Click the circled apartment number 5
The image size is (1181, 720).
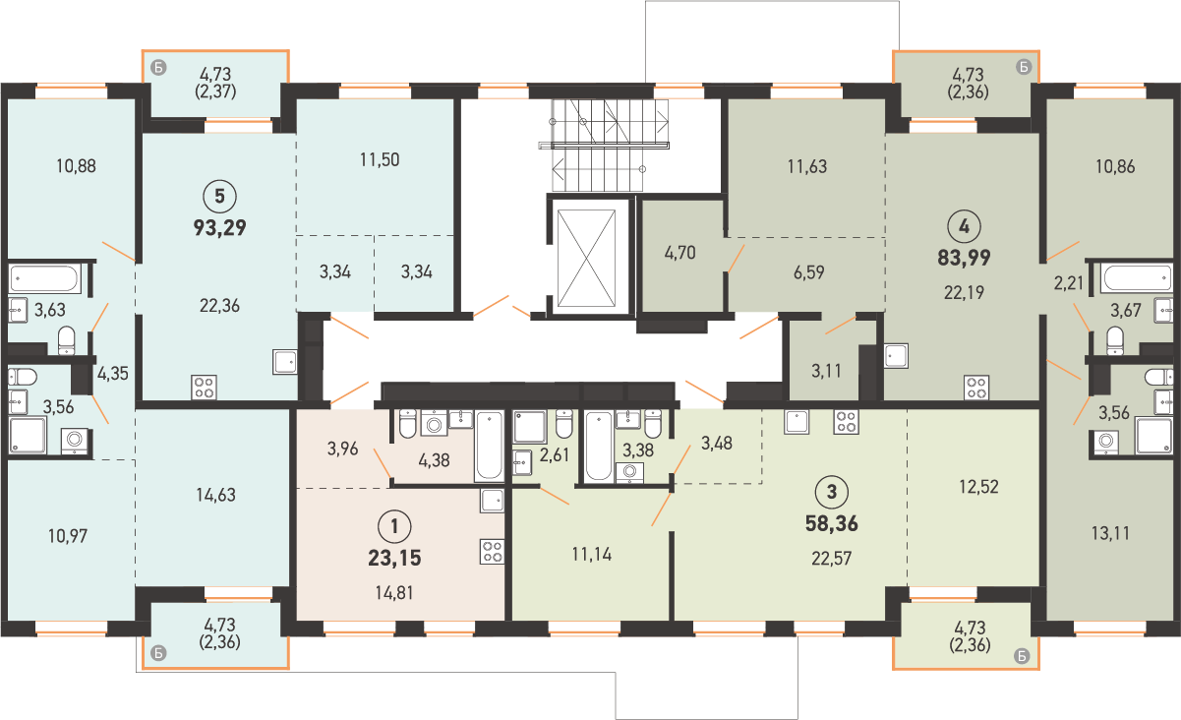pyautogui.click(x=219, y=196)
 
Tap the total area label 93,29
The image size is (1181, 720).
pyautogui.click(x=220, y=228)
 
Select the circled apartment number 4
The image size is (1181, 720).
pyautogui.click(x=964, y=227)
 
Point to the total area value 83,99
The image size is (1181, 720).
pyautogui.click(x=964, y=258)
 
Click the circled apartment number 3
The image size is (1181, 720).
pyautogui.click(x=832, y=492)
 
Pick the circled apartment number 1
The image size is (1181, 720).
pyautogui.click(x=394, y=526)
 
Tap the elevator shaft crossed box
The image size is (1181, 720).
pyautogui.click(x=586, y=258)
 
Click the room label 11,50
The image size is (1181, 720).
pyautogui.click(x=380, y=159)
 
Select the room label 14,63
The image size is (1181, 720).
pyautogui.click(x=215, y=495)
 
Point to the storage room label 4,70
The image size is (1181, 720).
pyautogui.click(x=679, y=253)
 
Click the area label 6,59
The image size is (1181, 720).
pyautogui.click(x=808, y=272)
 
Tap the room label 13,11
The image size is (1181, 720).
pyautogui.click(x=1110, y=534)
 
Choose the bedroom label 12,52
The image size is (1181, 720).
pyautogui.click(x=978, y=487)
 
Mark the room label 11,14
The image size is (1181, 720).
pyautogui.click(x=592, y=555)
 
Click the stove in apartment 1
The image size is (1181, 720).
pyautogui.click(x=493, y=552)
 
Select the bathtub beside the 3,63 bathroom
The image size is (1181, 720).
pyautogui.click(x=44, y=278)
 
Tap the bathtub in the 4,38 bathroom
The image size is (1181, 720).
pyautogui.click(x=489, y=446)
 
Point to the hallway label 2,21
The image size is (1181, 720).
pyautogui.click(x=1069, y=284)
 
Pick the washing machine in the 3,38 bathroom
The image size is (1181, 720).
pyautogui.click(x=629, y=472)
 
